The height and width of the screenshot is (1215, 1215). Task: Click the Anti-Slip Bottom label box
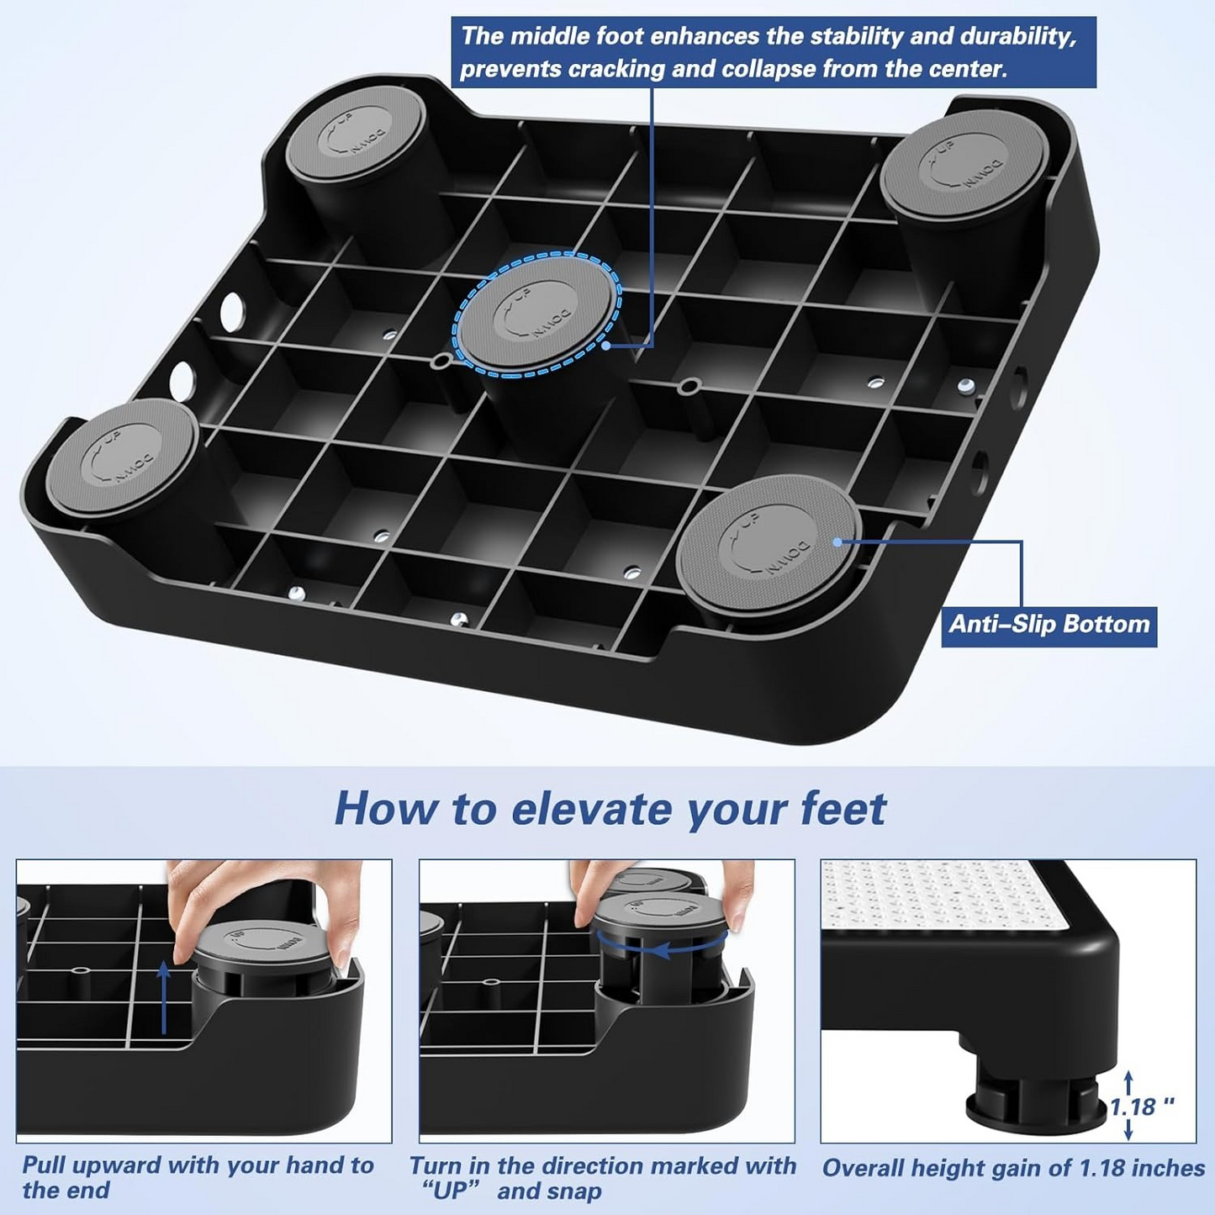(1049, 625)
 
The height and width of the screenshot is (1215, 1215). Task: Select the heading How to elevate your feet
(610, 809)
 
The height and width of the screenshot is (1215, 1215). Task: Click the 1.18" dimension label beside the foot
(1141, 1107)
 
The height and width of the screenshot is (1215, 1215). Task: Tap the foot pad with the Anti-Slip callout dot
(769, 538)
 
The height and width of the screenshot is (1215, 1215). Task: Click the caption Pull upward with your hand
(197, 1165)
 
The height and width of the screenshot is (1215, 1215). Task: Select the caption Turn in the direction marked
(602, 1166)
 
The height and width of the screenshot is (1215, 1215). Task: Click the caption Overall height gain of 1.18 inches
(1013, 1168)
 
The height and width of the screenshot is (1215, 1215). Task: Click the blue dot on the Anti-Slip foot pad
(837, 542)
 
